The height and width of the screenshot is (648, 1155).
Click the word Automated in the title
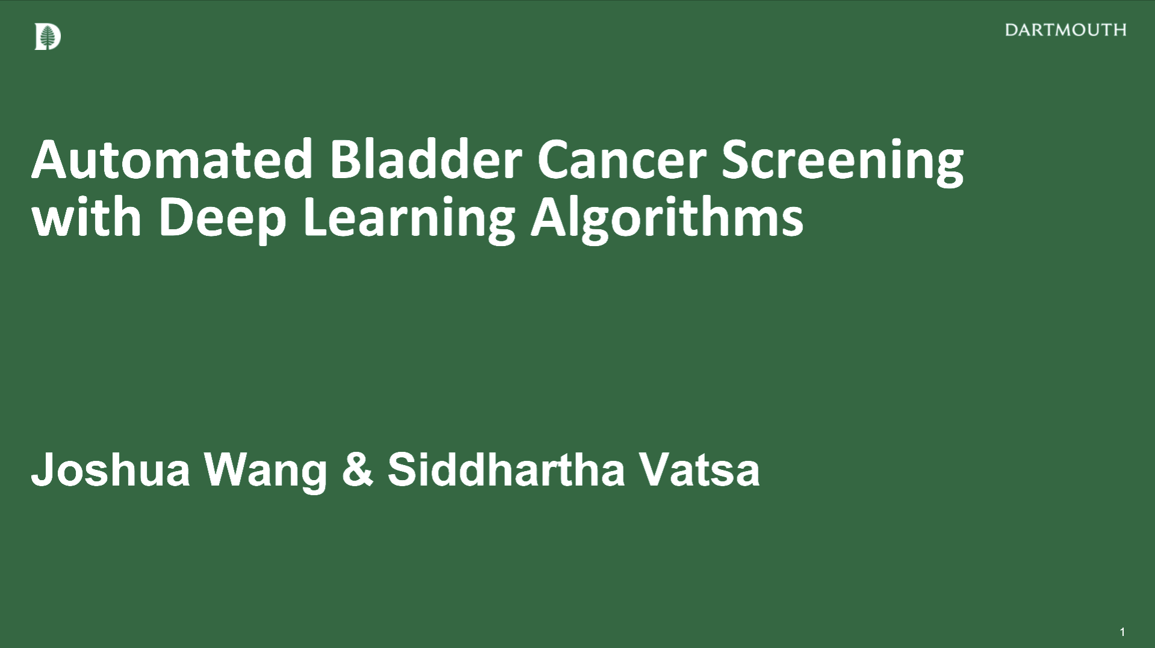point(172,159)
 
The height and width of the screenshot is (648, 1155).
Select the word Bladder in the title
point(425,159)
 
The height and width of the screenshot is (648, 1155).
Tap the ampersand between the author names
point(358,469)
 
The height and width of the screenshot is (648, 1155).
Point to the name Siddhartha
point(507,469)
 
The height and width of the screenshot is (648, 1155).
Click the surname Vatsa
point(699,469)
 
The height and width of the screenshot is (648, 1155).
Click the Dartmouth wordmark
point(1065,30)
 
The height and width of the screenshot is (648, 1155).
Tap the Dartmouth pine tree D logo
point(48,37)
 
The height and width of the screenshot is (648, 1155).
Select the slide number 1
point(1122,632)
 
